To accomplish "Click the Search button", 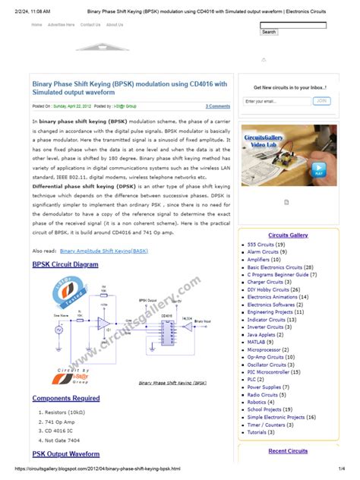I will (x=269, y=32).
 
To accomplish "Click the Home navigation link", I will (x=36, y=24).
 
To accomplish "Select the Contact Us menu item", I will (x=90, y=24).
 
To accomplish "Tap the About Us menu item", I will (x=115, y=24).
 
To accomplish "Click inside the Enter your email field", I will (x=275, y=101).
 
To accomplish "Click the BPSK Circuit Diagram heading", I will (x=65, y=264).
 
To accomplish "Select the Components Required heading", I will (x=66, y=398).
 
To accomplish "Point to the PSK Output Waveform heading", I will (x=66, y=453).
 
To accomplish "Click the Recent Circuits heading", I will (x=288, y=451).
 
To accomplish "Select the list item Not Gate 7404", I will (x=62, y=440).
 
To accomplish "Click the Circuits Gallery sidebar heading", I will (x=288, y=235).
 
